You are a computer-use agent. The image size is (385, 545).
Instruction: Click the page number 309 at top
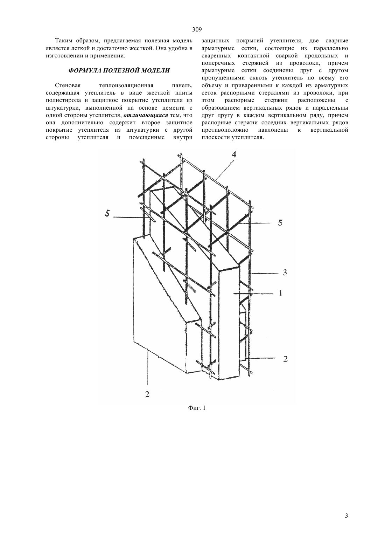pyautogui.click(x=197, y=30)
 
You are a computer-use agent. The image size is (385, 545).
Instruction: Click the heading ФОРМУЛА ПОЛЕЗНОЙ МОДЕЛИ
pyautogui.click(x=119, y=70)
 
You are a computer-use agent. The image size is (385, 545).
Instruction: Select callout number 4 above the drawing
pyautogui.click(x=234, y=154)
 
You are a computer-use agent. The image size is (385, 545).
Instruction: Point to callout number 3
pyautogui.click(x=285, y=272)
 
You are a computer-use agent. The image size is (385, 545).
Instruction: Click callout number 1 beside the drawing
pyautogui.click(x=280, y=294)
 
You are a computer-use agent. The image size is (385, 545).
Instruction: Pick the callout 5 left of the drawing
pyautogui.click(x=107, y=214)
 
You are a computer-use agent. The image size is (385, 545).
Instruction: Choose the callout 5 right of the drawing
pyautogui.click(x=280, y=223)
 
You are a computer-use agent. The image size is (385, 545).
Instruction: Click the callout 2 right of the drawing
pyautogui.click(x=285, y=359)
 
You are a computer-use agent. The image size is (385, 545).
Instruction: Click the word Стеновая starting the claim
pyautogui.click(x=68, y=85)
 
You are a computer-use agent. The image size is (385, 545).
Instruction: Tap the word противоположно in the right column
pyautogui.click(x=225, y=130)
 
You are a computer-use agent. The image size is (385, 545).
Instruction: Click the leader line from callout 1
pyautogui.click(x=255, y=294)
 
